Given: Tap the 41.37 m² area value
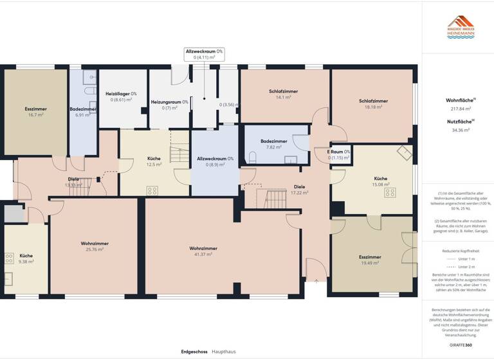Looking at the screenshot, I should pos(203,255).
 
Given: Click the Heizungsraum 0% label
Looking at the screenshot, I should pos(169,102).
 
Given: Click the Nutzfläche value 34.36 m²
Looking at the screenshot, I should pos(461,130).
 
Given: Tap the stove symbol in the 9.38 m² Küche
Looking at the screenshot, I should pos(10,258).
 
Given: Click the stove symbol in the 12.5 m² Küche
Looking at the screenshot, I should pos(152,190).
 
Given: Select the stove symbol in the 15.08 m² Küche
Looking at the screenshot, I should pos(390,192).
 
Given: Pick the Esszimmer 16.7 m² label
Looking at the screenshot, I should pos(35,109).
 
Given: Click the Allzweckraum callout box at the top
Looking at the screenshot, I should pos(204,54).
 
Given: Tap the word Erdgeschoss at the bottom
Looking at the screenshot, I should pos(194,352).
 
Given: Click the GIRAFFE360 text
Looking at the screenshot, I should pos(461,345).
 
